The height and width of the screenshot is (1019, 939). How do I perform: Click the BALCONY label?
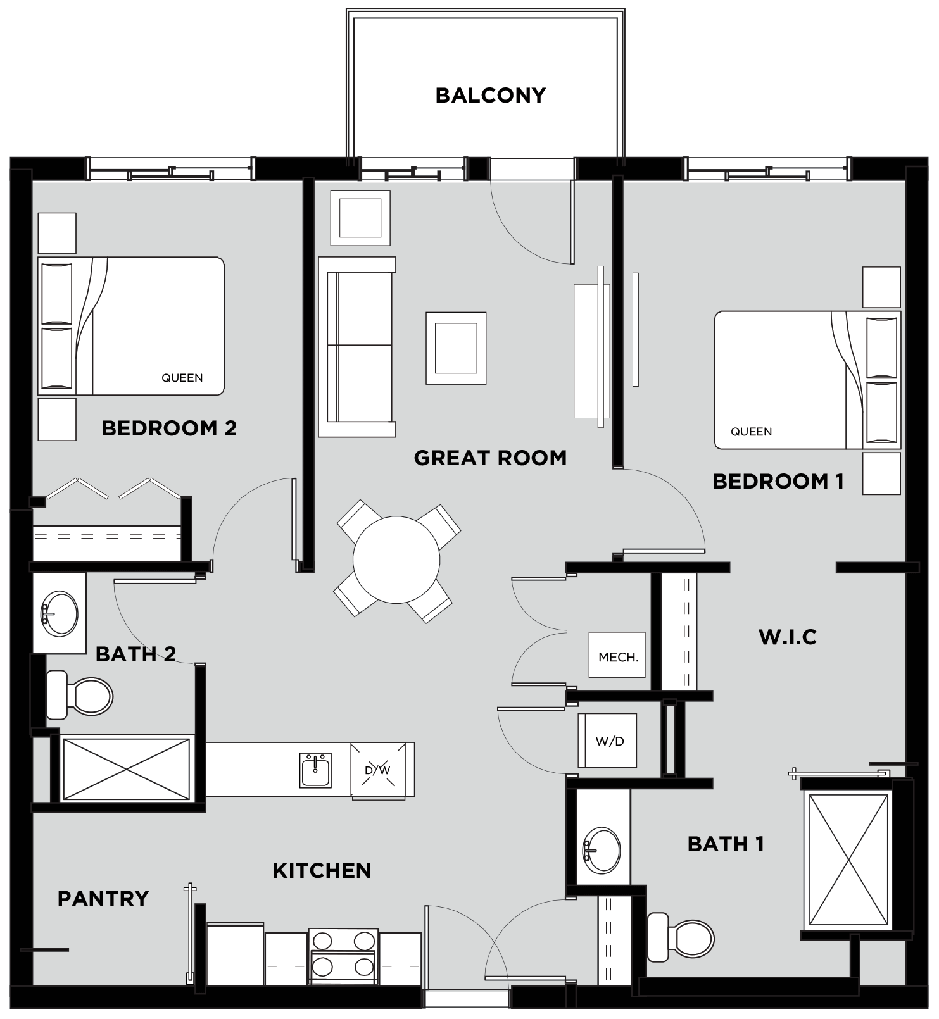(x=490, y=95)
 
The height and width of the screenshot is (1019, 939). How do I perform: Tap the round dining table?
(x=396, y=560)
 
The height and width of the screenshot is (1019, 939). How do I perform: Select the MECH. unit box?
(x=617, y=655)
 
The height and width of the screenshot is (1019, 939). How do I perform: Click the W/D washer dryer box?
(x=607, y=741)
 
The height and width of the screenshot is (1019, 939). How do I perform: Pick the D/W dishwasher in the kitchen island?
(x=378, y=770)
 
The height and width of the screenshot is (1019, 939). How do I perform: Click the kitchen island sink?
(x=315, y=770)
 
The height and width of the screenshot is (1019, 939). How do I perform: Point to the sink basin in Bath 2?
(x=60, y=613)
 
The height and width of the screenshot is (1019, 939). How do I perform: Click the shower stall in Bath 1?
(x=848, y=861)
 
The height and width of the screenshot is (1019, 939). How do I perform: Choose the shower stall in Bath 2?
(x=127, y=768)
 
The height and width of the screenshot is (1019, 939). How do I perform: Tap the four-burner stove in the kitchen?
(x=343, y=957)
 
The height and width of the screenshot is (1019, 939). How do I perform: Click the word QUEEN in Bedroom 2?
(x=182, y=378)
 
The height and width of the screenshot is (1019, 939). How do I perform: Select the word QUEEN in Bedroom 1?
(x=752, y=432)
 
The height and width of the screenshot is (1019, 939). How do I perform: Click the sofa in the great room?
(x=357, y=347)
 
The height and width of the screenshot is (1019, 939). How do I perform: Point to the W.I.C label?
(x=788, y=637)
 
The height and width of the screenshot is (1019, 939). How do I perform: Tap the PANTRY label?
(x=103, y=898)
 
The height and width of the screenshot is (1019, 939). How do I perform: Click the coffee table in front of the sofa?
(x=456, y=348)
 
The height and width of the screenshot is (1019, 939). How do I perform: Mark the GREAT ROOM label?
(x=490, y=458)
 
